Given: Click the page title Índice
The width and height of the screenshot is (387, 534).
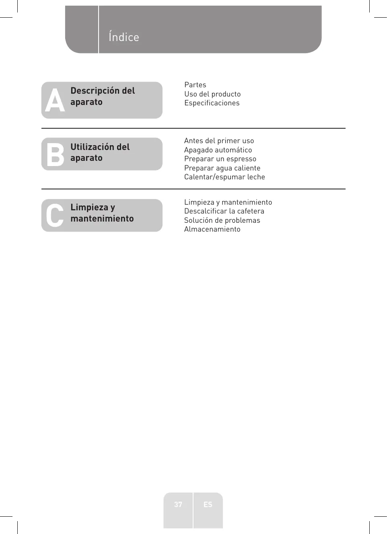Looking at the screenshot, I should (x=124, y=37).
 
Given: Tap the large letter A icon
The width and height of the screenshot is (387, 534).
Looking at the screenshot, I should (x=55, y=101).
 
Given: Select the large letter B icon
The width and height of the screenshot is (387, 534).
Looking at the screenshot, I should (x=55, y=155).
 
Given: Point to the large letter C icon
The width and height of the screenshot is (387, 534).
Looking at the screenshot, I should (x=55, y=216).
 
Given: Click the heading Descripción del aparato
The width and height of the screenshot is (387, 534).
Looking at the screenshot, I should (x=103, y=96).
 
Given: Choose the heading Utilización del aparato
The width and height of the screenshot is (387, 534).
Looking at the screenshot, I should (x=100, y=152).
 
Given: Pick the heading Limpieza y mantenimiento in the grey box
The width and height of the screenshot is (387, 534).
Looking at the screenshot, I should (x=102, y=213).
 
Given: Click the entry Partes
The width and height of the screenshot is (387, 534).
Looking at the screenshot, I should (x=195, y=85).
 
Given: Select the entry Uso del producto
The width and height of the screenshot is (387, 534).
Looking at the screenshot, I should (x=212, y=94).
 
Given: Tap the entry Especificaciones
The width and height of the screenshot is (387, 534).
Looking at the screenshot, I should (x=212, y=103).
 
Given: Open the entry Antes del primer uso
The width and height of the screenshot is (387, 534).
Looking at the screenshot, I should (x=219, y=141).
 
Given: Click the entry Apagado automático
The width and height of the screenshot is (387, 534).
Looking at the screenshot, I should (x=218, y=150).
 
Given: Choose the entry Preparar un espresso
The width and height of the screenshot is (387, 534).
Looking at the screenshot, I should (x=220, y=159).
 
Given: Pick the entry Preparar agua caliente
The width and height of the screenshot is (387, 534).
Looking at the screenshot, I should (x=222, y=168).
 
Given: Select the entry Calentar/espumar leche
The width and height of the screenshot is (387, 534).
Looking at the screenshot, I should (x=224, y=177).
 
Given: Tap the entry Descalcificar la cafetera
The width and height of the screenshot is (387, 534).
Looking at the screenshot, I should (x=224, y=211).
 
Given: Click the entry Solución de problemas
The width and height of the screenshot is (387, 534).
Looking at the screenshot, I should (x=222, y=220).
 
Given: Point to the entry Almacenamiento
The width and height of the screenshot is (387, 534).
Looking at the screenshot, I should (x=212, y=229).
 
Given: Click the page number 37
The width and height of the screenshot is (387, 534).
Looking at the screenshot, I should (x=178, y=504).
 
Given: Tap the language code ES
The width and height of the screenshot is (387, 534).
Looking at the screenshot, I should (x=208, y=504).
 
